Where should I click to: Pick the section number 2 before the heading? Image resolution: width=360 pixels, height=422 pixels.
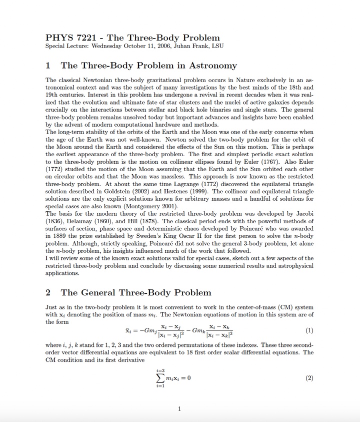[x=48, y=293]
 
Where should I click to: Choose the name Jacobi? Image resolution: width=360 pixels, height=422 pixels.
[x=302, y=214]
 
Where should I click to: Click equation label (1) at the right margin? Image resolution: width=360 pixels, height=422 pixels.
[x=309, y=331]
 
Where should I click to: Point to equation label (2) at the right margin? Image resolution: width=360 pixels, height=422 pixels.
[x=309, y=378]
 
